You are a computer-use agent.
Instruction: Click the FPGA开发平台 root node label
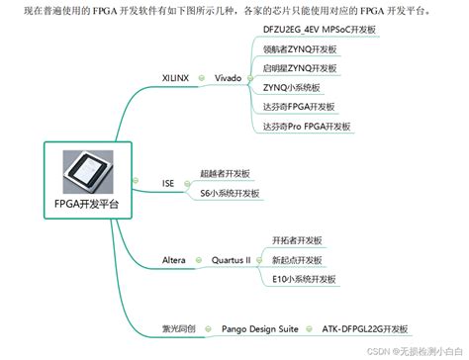click(85, 206)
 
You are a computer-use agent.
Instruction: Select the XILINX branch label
click(175, 77)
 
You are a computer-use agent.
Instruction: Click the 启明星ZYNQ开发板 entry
click(302, 68)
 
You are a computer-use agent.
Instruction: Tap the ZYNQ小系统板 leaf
click(292, 87)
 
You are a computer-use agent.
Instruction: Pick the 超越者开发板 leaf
click(226, 173)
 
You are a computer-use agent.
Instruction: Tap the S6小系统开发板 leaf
click(229, 194)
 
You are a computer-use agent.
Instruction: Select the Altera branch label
click(173, 260)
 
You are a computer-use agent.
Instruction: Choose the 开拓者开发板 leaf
click(304, 240)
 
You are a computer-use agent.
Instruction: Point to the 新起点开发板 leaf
click(304, 260)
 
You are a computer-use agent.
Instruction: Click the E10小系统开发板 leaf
click(309, 280)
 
